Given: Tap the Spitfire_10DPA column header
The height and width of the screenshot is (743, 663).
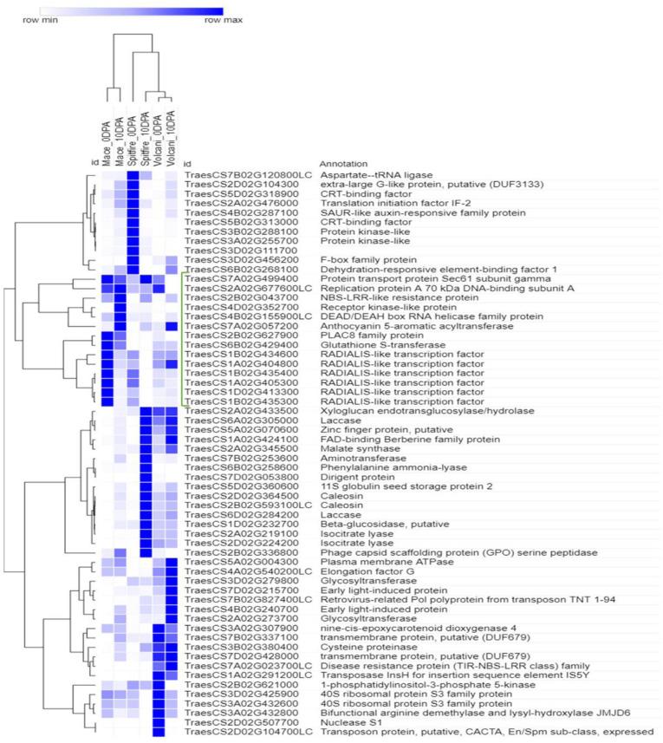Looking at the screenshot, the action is pos(146,140).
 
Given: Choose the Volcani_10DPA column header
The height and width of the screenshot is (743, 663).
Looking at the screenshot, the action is pos(171,139).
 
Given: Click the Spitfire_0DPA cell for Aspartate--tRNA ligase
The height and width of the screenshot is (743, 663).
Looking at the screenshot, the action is pos(133,176).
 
